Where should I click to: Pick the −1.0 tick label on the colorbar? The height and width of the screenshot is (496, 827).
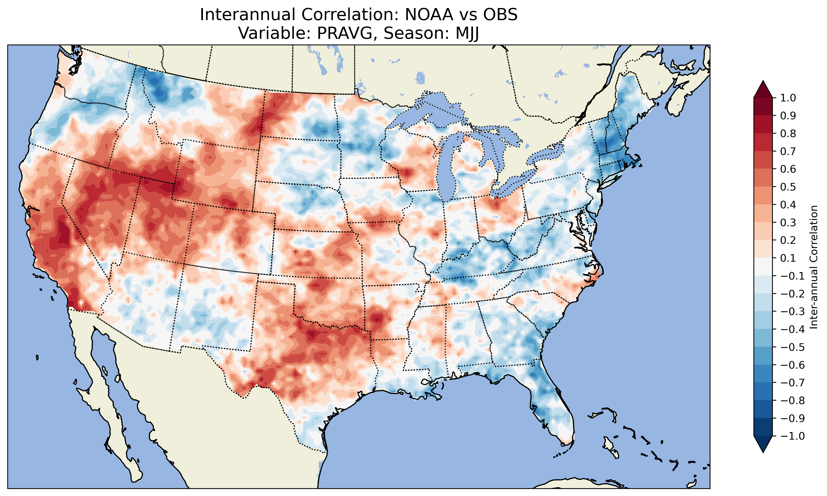[792, 436]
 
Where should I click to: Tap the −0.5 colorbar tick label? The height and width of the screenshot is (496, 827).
[792, 347]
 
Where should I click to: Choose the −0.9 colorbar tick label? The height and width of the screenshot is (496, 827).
[792, 418]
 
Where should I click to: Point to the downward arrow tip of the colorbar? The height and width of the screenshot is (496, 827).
[763, 452]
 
